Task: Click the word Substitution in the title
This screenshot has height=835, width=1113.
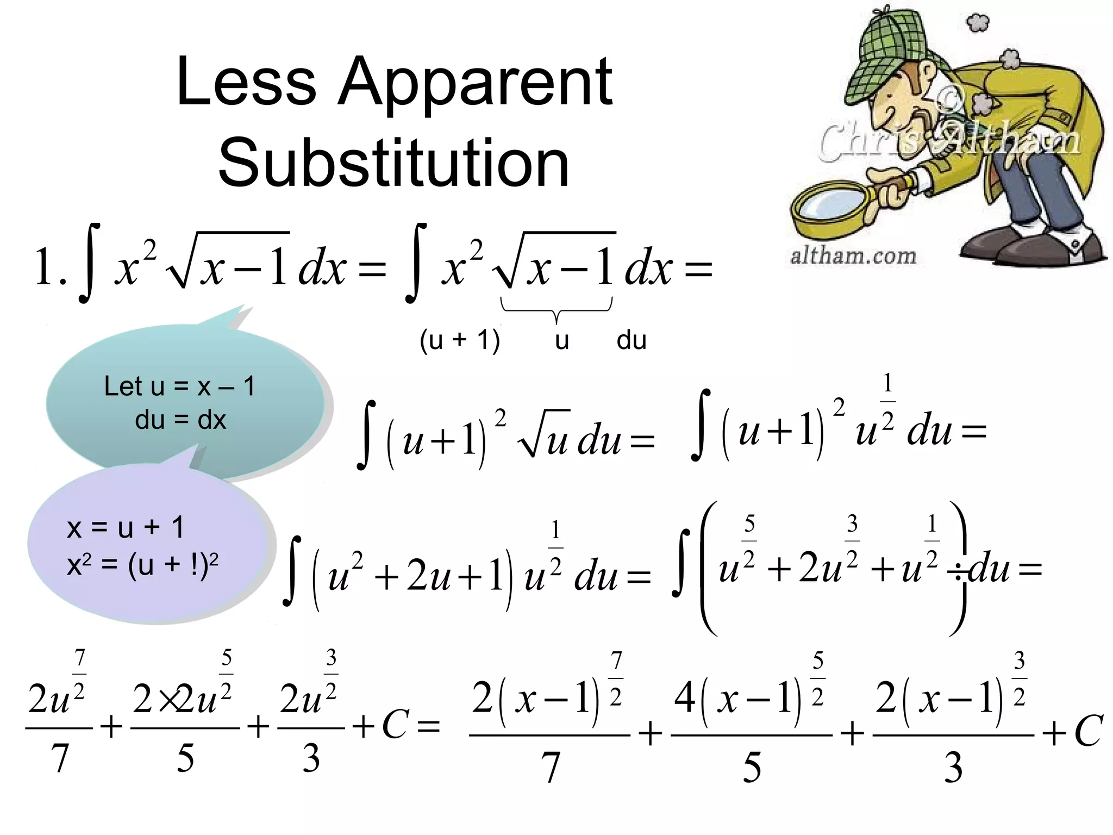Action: [x=393, y=162]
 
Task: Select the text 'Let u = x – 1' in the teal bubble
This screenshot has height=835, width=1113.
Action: [x=179, y=387]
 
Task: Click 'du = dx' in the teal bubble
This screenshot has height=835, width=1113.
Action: [x=180, y=420]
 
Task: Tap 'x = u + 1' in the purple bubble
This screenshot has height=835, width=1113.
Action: [x=126, y=527]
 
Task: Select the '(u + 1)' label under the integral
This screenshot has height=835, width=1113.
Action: [x=460, y=340]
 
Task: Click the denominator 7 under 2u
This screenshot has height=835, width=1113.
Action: [x=60, y=758]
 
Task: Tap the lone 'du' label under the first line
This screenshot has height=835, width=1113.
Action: [x=631, y=340]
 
